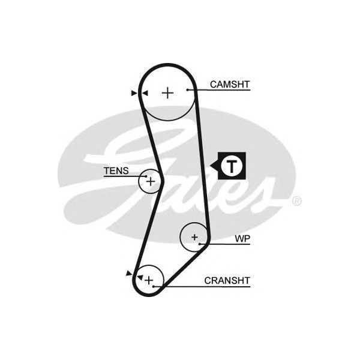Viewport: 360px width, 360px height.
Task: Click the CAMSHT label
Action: click(230, 85)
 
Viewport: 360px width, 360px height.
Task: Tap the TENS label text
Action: click(116, 171)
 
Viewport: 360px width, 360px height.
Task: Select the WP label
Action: click(242, 239)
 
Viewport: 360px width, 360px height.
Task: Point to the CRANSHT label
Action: click(227, 280)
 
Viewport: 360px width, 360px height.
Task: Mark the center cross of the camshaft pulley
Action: click(167, 92)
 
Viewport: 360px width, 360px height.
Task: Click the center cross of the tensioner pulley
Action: click(151, 181)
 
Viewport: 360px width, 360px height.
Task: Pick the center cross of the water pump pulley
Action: click(194, 238)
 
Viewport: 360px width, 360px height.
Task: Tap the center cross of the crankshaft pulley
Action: click(148, 280)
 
